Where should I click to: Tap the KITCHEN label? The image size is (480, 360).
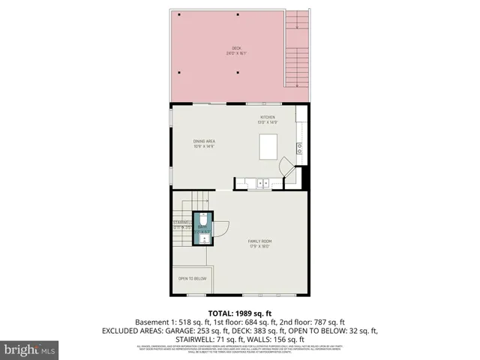268,118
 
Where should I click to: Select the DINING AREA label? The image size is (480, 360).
204,140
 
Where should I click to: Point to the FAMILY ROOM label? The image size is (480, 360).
259,241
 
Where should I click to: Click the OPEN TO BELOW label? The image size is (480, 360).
192,279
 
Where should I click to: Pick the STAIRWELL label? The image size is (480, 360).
183,223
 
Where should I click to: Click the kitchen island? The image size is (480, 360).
270,146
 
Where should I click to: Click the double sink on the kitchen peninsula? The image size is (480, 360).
260,182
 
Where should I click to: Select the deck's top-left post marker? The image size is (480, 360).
180,14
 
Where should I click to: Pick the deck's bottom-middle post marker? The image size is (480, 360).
237,72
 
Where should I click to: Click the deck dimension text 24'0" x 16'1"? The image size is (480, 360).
237,54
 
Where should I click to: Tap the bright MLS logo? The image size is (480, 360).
29,349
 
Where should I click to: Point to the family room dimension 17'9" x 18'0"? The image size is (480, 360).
259,245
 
